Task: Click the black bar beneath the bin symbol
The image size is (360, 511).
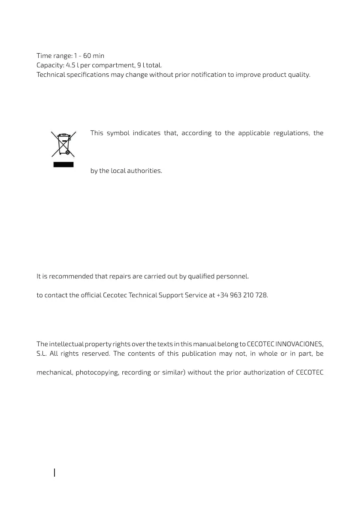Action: click(64, 164)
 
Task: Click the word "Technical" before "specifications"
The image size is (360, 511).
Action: click(51, 75)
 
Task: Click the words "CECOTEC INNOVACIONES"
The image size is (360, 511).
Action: click(285, 344)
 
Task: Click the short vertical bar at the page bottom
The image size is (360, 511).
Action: click(54, 472)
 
